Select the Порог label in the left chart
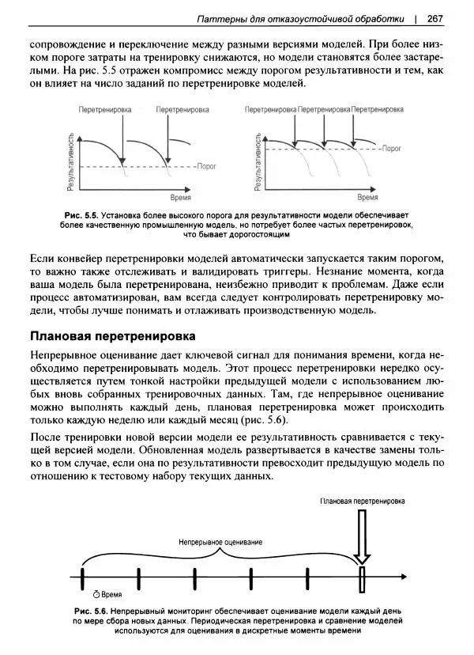[205, 168]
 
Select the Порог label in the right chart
[392, 148]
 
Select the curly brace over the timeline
[220, 555]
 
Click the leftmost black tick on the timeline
[82, 578]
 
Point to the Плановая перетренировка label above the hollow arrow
[363, 501]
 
